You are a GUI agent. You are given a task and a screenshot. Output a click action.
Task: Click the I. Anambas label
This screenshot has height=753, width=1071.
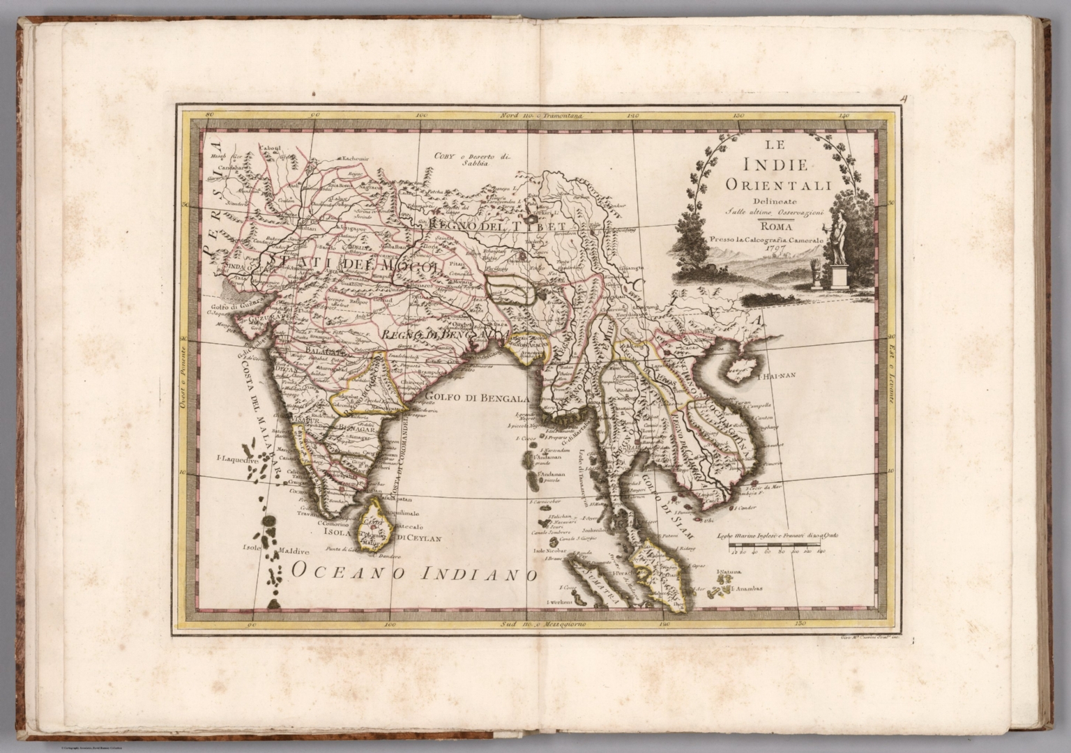pyautogui.click(x=748, y=588)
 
